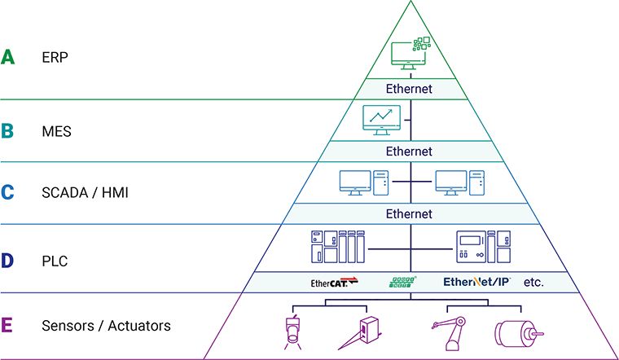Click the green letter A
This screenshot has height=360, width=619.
(x=8, y=58)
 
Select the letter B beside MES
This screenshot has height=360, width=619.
(x=8, y=130)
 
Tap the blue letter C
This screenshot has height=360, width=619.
(x=8, y=193)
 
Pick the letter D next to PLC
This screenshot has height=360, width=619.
(x=8, y=261)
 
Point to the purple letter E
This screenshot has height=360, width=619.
(x=8, y=326)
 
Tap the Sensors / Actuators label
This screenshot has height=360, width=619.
(x=106, y=326)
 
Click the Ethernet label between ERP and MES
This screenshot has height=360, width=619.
(x=410, y=88)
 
